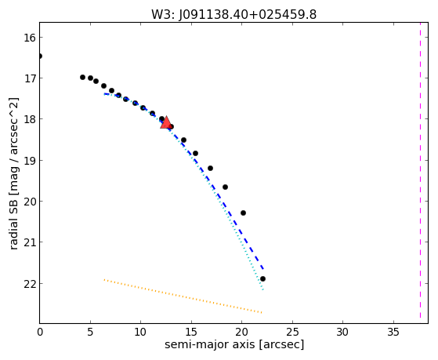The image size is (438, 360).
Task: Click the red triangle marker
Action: point(166,122)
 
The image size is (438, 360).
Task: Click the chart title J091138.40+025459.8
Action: point(248,15)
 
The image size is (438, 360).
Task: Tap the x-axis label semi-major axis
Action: point(209,344)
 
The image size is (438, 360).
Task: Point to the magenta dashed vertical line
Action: point(420,170)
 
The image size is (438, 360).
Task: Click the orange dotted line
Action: point(183,296)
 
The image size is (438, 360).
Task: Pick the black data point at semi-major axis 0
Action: point(40,56)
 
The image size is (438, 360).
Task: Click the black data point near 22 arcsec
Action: point(262,279)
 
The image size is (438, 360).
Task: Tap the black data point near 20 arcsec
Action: point(243,213)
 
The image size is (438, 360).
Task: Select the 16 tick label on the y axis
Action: point(29,38)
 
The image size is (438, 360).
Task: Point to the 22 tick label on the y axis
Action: point(29,284)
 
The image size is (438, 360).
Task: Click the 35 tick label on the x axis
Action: point(393,333)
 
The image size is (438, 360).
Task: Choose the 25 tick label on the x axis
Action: point(292,333)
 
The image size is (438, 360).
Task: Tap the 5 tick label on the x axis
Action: point(90,333)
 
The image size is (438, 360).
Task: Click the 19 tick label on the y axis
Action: point(29,161)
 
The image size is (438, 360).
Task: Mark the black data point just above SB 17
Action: point(82,77)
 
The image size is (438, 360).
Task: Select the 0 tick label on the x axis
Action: point(40,333)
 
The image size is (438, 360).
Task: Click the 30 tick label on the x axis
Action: point(343,333)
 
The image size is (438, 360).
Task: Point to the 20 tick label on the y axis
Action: point(29,202)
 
